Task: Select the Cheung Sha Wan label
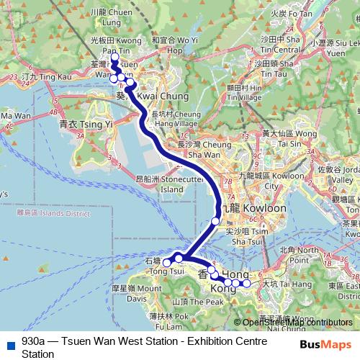[199, 149]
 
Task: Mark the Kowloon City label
[262, 180]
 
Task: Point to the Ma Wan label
[16, 115]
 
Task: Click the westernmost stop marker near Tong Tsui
[167, 263]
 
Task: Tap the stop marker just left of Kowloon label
[216, 221]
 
